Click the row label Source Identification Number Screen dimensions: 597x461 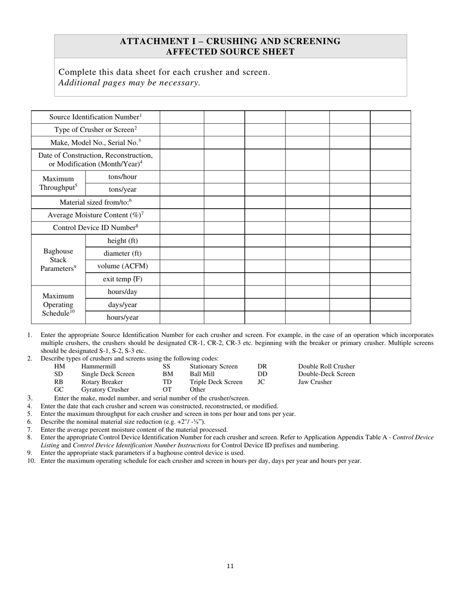(95, 117)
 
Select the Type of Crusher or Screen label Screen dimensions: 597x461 (95, 130)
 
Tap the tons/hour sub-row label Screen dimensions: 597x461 (122, 177)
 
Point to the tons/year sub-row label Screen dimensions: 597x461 (122, 190)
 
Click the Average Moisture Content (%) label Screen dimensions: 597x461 (95, 215)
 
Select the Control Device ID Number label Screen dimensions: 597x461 (95, 228)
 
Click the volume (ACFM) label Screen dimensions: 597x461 (122, 266)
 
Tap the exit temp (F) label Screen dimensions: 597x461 (122, 279)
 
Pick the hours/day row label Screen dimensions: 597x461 (122, 292)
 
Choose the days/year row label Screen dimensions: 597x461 (122, 305)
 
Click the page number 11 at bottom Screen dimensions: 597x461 (230, 566)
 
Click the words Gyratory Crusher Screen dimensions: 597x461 (105, 390)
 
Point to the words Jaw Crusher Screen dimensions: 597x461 (315, 382)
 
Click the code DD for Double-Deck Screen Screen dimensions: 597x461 (262, 374)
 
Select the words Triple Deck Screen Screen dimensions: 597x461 (216, 382)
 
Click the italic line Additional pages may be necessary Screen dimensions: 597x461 (129, 83)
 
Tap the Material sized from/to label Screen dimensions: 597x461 (95, 202)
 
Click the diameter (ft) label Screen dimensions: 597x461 (122, 253)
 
